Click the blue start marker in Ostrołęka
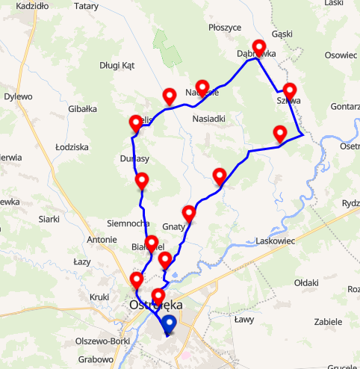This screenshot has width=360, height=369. [169, 323]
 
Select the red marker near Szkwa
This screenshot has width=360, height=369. [290, 91]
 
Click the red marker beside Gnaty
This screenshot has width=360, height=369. [189, 214]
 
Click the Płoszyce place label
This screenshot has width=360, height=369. [225, 28]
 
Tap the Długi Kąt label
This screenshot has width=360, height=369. [117, 66]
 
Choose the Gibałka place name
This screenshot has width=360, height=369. [82, 109]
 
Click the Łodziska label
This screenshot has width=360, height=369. [72, 148]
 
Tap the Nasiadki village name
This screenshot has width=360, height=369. [208, 119]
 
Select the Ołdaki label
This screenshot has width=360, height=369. [305, 283]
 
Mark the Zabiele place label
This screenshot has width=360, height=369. [328, 322]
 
